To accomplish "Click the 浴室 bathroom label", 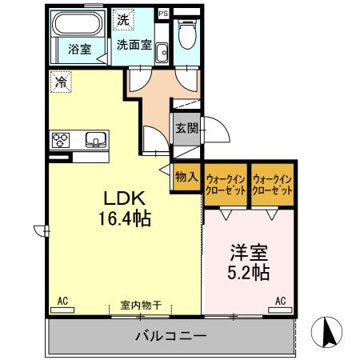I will [78, 49].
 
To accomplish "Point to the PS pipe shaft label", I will [164, 13].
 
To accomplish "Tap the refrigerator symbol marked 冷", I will [61, 80].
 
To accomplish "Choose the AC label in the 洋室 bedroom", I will [280, 301].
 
